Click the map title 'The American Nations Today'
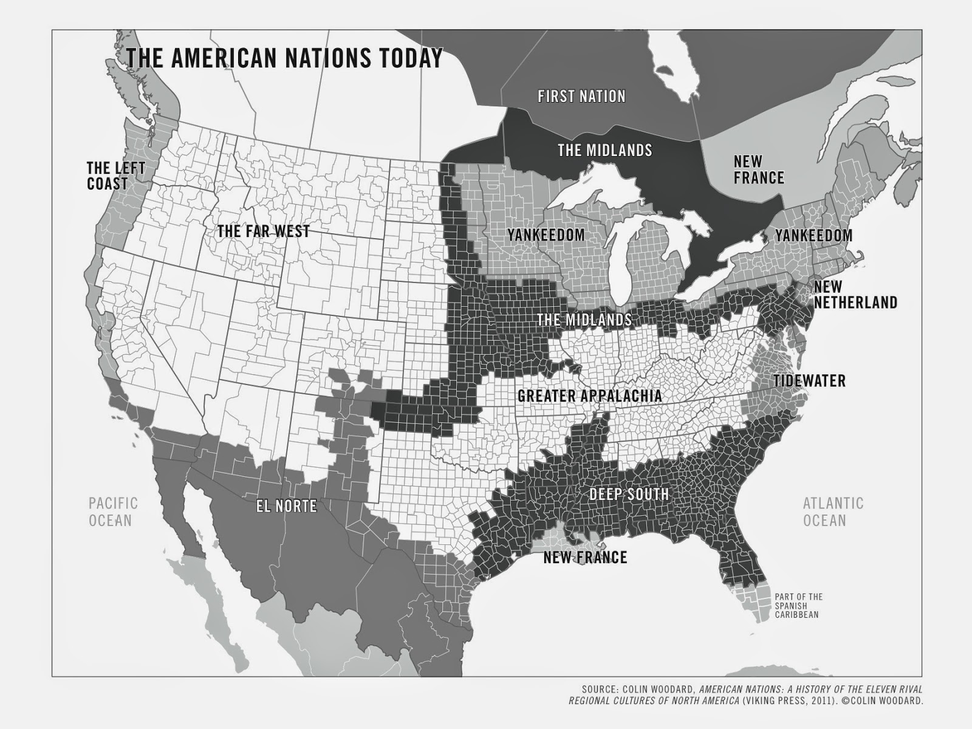[284, 58]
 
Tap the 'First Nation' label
[581, 96]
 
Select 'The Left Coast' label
[115, 176]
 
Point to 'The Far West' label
[264, 231]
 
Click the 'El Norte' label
[286, 505]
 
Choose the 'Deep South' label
[629, 494]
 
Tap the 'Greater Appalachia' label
[589, 396]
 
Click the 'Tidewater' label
[809, 381]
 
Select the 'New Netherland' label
[855, 294]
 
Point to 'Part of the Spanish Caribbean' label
[798, 606]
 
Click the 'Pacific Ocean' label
[113, 512]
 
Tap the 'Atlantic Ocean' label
[832, 512]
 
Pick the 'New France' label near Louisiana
[585, 557]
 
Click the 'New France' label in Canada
[759, 169]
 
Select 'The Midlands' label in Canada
[604, 150]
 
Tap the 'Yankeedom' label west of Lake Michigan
[546, 234]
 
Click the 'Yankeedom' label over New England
[813, 235]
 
